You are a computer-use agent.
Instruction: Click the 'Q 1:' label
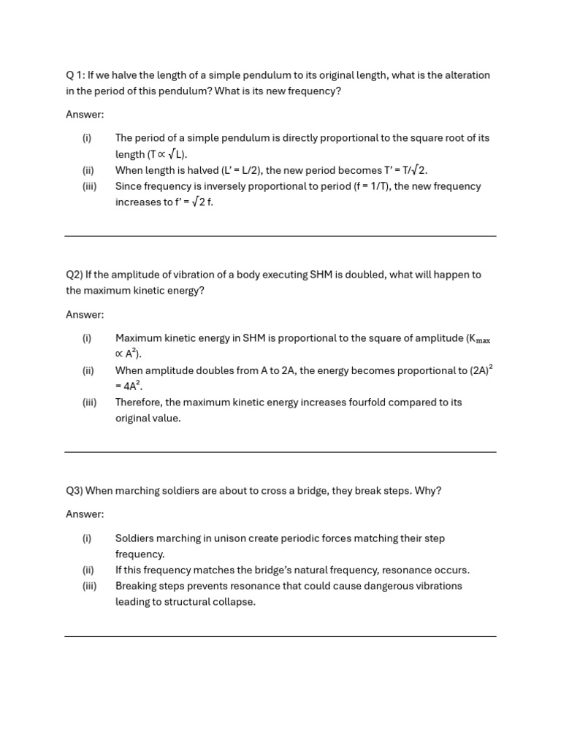(75, 75)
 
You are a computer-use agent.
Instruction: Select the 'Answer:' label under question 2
(85, 315)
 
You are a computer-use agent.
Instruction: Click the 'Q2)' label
(75, 275)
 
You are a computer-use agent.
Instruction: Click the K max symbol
(478, 339)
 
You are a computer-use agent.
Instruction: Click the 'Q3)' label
(75, 491)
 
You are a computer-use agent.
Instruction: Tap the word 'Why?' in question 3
(428, 491)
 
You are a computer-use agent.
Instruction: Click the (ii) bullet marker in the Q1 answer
(88, 170)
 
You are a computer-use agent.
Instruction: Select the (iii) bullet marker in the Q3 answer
(89, 586)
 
